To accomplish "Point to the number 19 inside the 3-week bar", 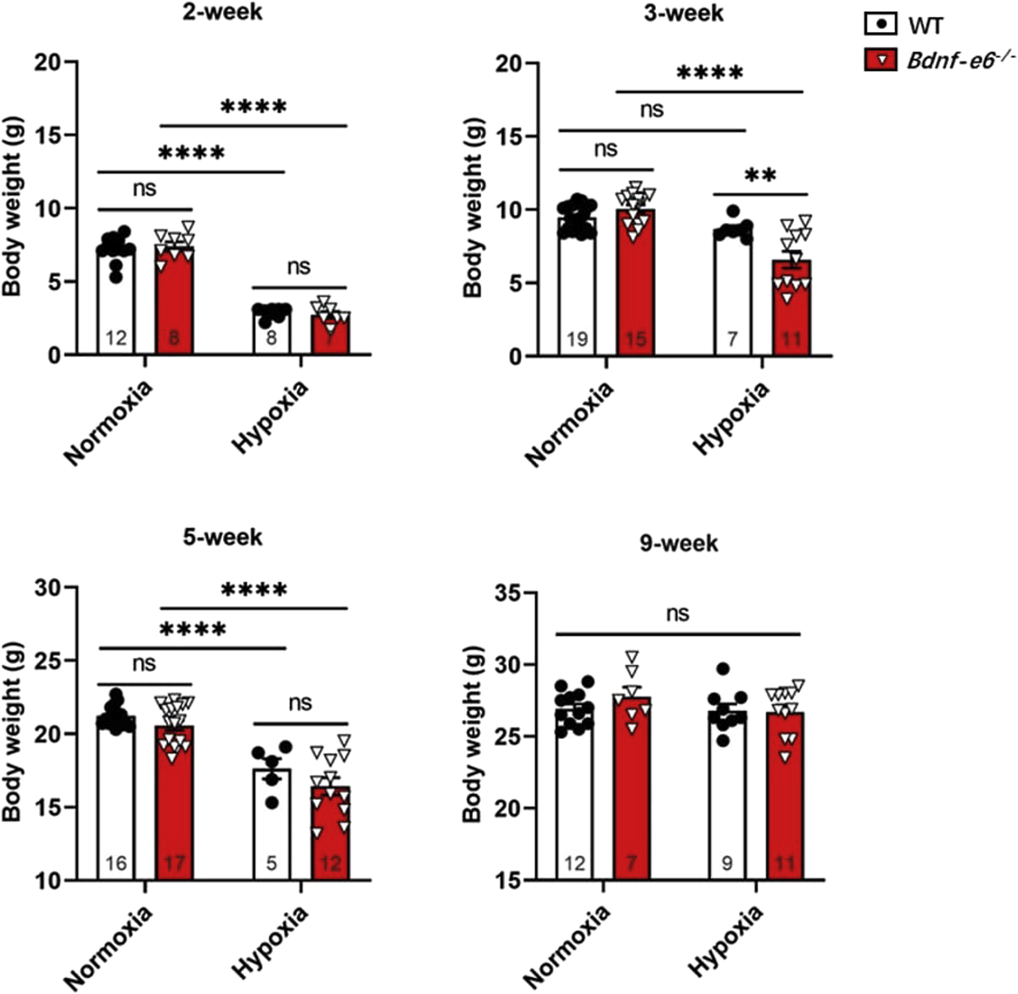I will (x=577, y=339).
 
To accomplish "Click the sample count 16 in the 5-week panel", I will (x=116, y=863).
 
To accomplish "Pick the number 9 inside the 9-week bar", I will (x=727, y=863).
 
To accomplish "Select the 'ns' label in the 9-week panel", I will (x=678, y=614).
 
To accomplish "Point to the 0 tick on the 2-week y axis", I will (x=55, y=355).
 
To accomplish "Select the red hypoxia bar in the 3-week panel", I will (x=792, y=313).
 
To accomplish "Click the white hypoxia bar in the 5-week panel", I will (x=272, y=825).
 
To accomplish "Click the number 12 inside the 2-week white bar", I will (x=116, y=338).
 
